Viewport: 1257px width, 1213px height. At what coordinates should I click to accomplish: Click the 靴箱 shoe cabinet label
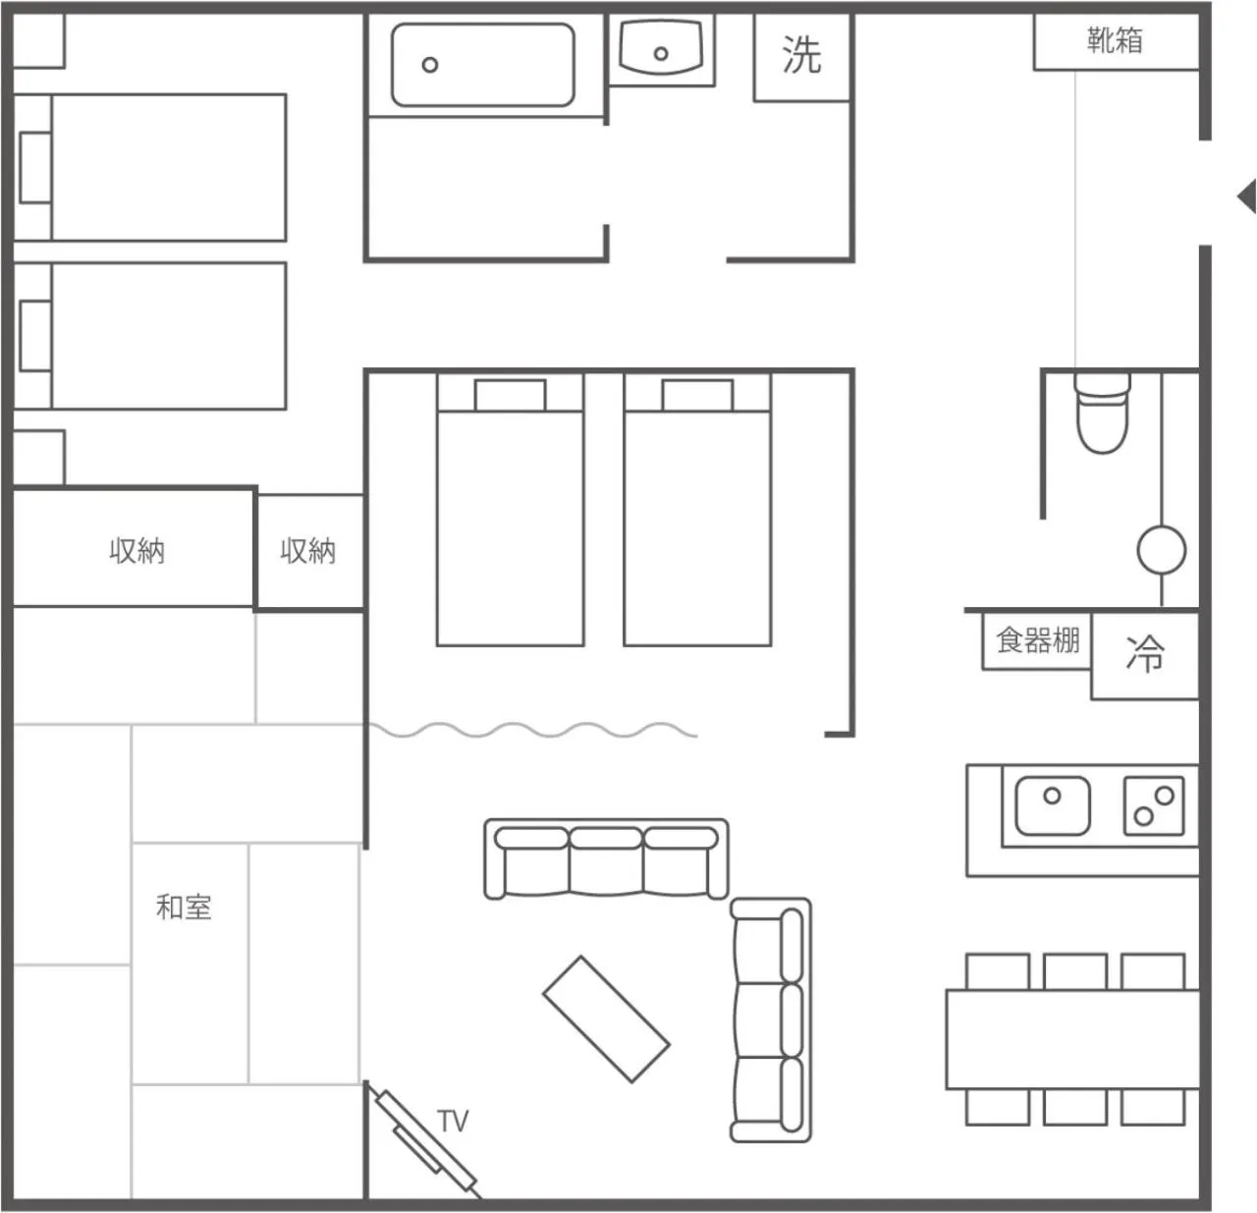click(1115, 40)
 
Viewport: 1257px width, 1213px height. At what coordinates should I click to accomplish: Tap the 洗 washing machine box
click(801, 55)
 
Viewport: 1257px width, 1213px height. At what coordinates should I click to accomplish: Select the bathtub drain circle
click(430, 66)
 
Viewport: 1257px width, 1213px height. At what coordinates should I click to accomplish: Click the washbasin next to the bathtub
click(661, 48)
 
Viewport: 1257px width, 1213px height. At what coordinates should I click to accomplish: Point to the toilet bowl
click(1103, 417)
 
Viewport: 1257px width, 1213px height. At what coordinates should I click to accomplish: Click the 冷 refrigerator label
click(1144, 654)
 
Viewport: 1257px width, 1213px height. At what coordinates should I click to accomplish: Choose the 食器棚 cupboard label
click(1038, 641)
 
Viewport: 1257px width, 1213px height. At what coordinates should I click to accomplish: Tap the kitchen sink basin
click(1052, 805)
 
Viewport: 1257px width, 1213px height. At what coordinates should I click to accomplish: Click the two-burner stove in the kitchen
click(1154, 805)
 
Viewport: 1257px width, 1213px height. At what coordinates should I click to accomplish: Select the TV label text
click(453, 1121)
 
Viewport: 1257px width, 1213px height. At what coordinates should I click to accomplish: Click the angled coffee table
click(606, 1020)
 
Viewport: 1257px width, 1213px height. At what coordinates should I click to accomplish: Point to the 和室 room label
click(184, 907)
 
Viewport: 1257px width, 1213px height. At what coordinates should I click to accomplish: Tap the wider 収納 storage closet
click(135, 550)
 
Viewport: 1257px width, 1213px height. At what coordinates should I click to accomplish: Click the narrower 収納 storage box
click(308, 551)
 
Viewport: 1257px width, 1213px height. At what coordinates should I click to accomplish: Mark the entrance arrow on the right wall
click(1246, 195)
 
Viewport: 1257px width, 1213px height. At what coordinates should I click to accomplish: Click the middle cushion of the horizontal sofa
click(606, 860)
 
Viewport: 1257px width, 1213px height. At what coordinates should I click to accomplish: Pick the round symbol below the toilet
click(1161, 550)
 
